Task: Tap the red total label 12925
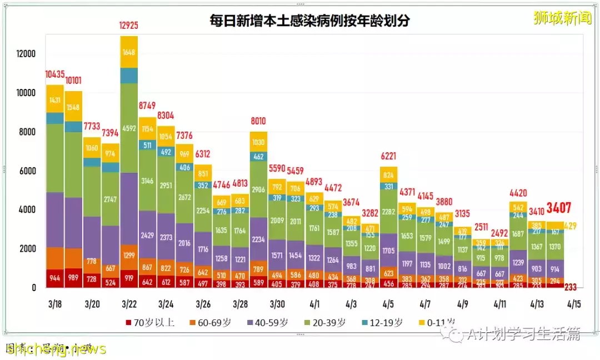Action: pos(129,25)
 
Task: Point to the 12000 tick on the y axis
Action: pos(26,54)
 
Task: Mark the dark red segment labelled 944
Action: pos(55,278)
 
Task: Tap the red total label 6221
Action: pos(388,157)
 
